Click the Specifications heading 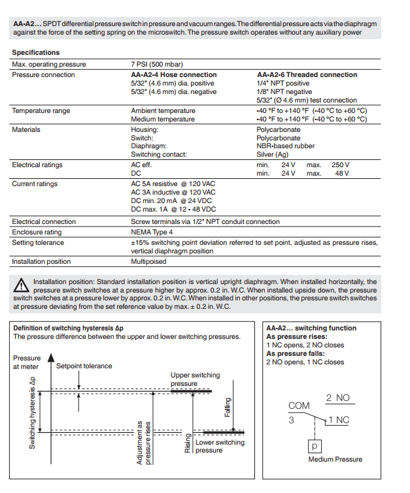[x=36, y=52]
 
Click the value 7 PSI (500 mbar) [x=157, y=65]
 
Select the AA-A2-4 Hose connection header [x=174, y=74]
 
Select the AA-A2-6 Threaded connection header [x=307, y=74]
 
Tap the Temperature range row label [x=41, y=111]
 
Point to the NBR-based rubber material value [x=285, y=146]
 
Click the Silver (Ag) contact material [x=273, y=155]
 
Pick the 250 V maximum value [x=340, y=165]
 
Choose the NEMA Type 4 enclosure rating [x=152, y=232]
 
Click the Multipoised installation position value [x=148, y=261]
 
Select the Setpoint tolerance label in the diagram [x=84, y=366]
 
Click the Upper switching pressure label [x=195, y=379]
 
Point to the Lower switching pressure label [x=220, y=447]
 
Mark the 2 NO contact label [x=337, y=398]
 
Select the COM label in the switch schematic [x=299, y=406]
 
